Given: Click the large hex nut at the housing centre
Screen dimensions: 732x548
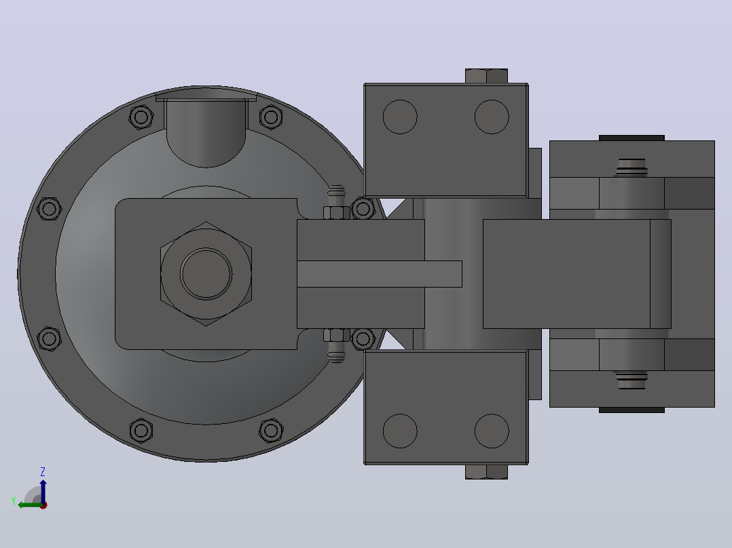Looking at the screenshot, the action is [x=206, y=274].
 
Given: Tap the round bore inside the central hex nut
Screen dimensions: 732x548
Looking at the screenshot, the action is [x=206, y=274].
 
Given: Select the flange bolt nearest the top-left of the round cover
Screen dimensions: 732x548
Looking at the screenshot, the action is [x=141, y=117].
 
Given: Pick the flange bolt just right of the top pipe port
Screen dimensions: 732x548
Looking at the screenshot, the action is [x=271, y=117].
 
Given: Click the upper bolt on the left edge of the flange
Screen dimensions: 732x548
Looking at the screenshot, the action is [x=49, y=208].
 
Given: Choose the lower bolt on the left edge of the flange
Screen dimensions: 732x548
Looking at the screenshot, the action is [x=49, y=338].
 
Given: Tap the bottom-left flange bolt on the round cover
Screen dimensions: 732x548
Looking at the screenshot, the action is [x=141, y=431].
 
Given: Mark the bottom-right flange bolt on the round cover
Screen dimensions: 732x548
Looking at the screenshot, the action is [x=271, y=431].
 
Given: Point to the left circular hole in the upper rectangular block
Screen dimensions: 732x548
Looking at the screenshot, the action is [x=400, y=117].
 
